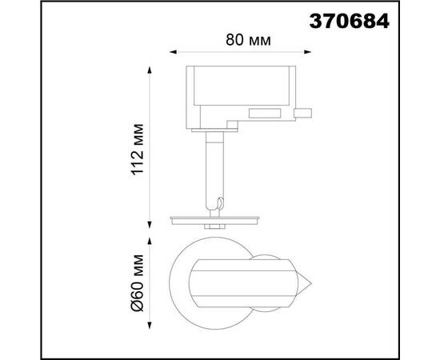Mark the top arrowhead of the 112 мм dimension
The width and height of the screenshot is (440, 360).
click(x=148, y=71)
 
